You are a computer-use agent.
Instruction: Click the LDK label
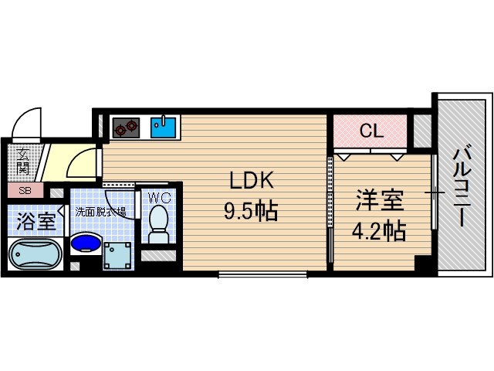pos(250,180)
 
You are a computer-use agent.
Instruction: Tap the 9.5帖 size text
pos(250,210)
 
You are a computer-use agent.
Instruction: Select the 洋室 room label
pos(379,200)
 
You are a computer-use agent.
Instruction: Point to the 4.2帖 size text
pos(379,230)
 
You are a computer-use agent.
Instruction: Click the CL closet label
pos(370,131)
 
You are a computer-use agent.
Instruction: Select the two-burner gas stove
pos(126,125)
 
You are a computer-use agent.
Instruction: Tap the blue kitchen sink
pos(164,125)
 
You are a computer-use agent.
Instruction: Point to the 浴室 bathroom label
pos(36,222)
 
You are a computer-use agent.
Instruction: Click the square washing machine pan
pos(119,253)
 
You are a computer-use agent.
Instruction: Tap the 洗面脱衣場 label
pos(100,210)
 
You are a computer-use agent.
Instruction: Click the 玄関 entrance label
pos(24,160)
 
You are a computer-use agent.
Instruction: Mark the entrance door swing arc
pos(29,124)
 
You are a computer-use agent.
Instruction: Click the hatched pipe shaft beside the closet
pos(421,131)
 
